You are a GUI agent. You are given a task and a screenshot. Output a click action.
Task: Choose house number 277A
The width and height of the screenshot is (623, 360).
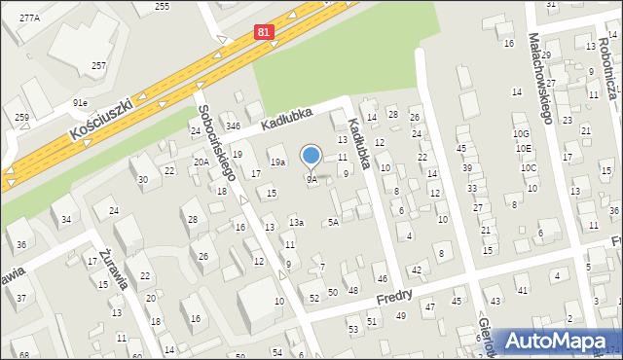tap(29, 18)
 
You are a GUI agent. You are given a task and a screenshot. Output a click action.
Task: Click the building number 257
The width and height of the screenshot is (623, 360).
tap(98, 65)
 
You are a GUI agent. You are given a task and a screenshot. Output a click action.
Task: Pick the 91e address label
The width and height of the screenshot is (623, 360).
tap(80, 102)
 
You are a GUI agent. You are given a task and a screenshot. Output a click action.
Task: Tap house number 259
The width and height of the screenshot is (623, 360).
tap(21, 117)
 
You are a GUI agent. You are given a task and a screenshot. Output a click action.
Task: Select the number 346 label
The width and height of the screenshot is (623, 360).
tap(234, 126)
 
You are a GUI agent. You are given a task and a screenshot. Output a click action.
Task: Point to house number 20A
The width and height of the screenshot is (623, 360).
tap(201, 162)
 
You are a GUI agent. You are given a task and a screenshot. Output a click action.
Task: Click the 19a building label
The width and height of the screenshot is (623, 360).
tap(277, 162)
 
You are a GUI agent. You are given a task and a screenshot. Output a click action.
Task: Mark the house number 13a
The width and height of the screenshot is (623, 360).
tap(296, 223)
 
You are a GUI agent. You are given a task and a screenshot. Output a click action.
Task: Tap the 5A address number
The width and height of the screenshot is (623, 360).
tap(333, 223)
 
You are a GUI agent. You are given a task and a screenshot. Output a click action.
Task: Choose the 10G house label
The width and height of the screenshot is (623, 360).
tap(522, 133)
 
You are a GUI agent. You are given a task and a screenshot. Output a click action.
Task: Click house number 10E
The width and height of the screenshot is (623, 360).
tap(525, 149)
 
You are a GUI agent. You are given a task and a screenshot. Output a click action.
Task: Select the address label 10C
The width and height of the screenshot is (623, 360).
tap(529, 167)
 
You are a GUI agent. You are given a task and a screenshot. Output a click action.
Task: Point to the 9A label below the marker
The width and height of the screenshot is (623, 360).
tap(311, 179)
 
